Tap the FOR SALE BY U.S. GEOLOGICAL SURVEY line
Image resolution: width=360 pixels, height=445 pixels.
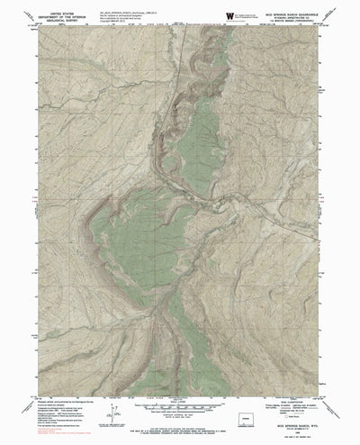tap(180, 431)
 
